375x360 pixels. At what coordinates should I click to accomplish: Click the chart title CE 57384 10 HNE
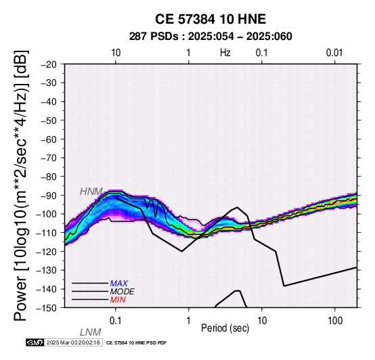[211, 19]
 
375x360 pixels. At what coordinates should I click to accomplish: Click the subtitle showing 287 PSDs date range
[211, 37]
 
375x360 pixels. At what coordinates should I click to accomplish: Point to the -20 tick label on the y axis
[49, 64]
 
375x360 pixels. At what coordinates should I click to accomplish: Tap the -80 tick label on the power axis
[49, 177]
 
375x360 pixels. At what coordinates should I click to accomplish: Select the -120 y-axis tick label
[47, 252]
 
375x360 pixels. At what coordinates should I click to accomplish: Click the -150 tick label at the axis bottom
[47, 308]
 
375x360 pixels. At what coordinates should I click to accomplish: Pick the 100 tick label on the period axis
[335, 321]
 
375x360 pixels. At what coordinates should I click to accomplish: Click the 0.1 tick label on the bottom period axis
[116, 321]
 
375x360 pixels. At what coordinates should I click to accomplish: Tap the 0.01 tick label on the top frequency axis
[334, 53]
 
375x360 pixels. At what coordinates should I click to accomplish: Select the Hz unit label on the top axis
[225, 53]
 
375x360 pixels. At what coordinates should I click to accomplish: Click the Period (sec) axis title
[225, 328]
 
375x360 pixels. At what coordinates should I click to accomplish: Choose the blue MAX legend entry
[119, 284]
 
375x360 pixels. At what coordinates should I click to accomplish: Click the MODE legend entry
[123, 292]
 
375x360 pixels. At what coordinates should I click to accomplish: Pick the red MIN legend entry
[118, 300]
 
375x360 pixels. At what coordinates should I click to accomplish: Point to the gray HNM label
[91, 192]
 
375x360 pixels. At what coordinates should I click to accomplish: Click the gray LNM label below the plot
[91, 332]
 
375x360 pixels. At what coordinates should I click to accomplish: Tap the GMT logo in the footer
[35, 342]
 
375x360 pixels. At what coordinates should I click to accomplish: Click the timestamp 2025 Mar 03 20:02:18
[73, 342]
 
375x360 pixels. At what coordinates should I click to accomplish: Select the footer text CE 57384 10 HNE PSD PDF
[136, 343]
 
